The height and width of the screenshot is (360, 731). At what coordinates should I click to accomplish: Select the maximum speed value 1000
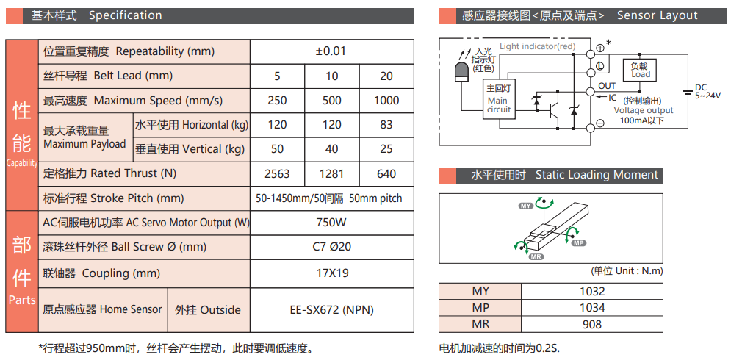pos(386,101)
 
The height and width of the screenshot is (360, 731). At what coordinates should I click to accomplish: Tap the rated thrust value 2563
pos(277,174)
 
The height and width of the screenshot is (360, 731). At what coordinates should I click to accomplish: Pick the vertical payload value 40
pos(331,149)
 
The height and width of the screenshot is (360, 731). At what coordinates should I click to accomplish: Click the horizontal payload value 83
pos(386,125)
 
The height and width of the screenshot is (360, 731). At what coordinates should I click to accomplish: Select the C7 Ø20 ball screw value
pos(331,247)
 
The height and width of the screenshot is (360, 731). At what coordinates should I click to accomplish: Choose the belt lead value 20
pos(386,76)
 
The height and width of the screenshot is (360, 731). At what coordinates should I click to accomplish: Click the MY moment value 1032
pos(592,291)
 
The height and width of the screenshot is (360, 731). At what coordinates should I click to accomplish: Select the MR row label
pos(480,324)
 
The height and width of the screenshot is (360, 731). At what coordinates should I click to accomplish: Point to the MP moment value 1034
pos(592,308)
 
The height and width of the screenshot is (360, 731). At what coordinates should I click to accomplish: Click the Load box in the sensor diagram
pos(640,71)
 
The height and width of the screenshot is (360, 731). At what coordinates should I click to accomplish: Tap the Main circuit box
pos(498,100)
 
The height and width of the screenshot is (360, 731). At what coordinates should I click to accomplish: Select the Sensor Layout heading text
pos(657,15)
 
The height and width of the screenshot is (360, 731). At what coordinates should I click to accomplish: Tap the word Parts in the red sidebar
pos(22,300)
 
